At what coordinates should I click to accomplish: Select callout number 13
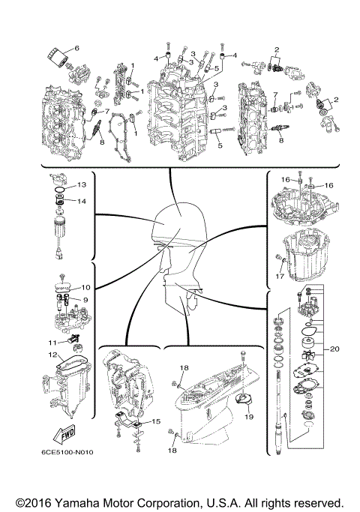coord(82,184)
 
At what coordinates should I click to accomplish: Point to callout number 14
coord(82,201)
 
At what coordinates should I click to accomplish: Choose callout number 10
coord(86,287)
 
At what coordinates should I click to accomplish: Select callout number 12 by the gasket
coord(52,355)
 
